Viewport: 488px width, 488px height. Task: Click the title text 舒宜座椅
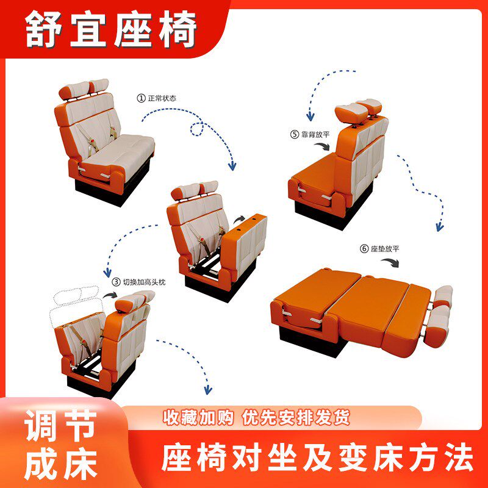[x=111, y=29]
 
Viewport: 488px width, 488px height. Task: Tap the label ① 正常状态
[x=157, y=98]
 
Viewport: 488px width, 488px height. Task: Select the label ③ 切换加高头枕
[x=139, y=282]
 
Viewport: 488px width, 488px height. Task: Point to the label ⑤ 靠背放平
[x=310, y=134]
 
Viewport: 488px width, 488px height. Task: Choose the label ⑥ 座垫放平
[x=379, y=249]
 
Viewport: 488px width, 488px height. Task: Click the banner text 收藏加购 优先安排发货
[x=256, y=417]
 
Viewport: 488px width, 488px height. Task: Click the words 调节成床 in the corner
[x=61, y=445]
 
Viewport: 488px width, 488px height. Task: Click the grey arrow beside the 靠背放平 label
[x=323, y=146]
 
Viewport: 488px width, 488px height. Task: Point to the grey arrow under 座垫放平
[x=390, y=263]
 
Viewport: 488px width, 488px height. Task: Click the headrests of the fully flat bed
[x=439, y=316]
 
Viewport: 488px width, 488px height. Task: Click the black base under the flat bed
[x=312, y=342]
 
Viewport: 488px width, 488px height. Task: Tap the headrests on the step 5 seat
[x=359, y=110]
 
